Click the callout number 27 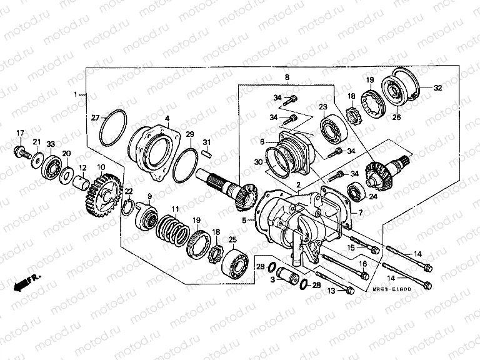pyautogui.click(x=95, y=117)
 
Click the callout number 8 pyautogui.click(x=287, y=77)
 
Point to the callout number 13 pyautogui.click(x=331, y=291)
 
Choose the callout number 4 pyautogui.click(x=167, y=118)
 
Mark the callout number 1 pyautogui.click(x=76, y=94)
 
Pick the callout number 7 pyautogui.click(x=359, y=213)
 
